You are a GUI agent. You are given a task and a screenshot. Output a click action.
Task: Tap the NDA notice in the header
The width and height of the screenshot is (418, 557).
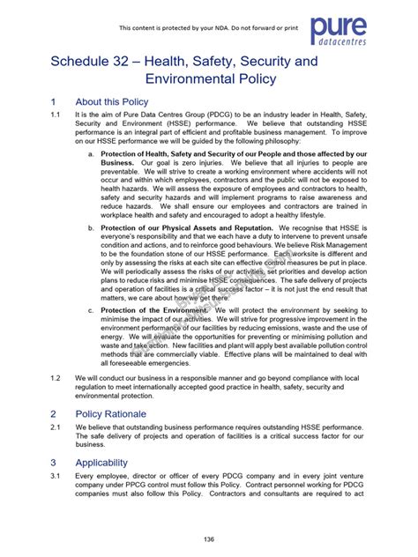click(x=210, y=27)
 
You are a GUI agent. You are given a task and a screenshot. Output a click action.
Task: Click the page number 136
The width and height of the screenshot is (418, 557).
click(x=209, y=539)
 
